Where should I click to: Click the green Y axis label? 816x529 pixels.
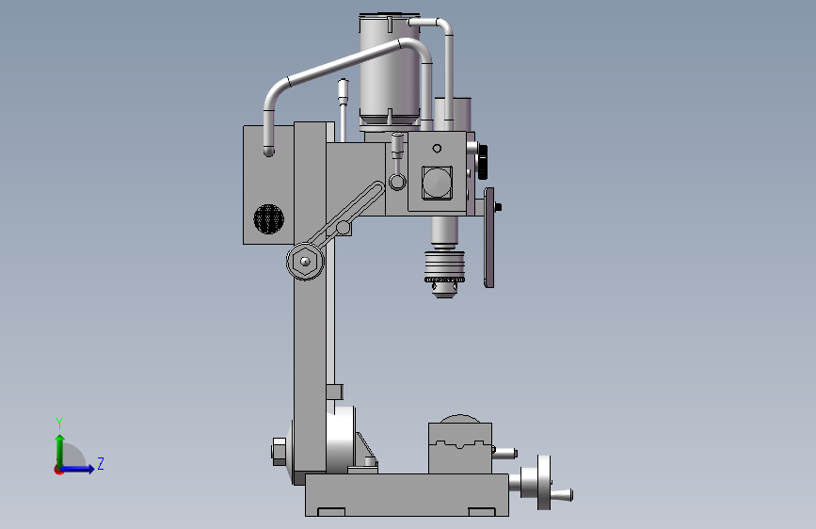59,424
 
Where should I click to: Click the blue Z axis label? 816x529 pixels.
101,463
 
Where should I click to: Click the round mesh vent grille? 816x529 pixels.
268,219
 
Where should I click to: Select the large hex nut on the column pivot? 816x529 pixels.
305,262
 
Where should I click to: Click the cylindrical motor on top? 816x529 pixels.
390,72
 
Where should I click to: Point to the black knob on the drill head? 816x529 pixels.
483,161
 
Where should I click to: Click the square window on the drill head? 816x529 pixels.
437,183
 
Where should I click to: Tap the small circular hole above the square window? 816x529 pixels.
437,149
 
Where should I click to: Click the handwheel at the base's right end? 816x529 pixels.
544,483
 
